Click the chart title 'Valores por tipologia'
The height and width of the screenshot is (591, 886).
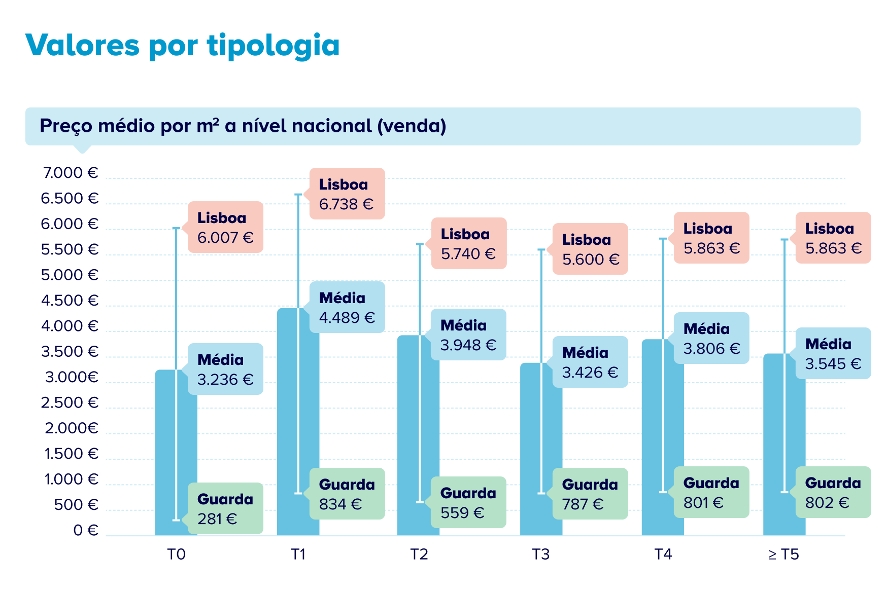point(182,45)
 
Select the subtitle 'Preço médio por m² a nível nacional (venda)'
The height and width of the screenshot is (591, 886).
point(243,126)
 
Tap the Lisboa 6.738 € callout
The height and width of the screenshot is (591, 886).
point(347,194)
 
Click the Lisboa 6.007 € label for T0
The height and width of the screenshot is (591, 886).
point(225,227)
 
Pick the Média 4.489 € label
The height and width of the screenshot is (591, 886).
point(347,307)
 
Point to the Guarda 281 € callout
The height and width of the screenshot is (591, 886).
point(225,508)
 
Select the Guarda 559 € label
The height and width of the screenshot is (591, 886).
point(468,502)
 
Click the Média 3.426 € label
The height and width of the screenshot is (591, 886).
point(590,362)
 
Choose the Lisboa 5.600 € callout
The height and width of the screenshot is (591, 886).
point(590,249)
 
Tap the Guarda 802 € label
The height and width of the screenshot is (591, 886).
point(833,492)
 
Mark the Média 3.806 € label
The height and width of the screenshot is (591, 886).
point(711,338)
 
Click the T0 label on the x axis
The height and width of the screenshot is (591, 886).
point(176,555)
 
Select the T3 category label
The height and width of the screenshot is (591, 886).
point(541,555)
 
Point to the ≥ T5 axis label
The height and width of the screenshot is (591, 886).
point(783,555)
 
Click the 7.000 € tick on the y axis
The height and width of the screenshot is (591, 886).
point(70,173)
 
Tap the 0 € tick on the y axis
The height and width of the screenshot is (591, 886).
point(85,530)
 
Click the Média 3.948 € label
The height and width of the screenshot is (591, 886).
point(468,335)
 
